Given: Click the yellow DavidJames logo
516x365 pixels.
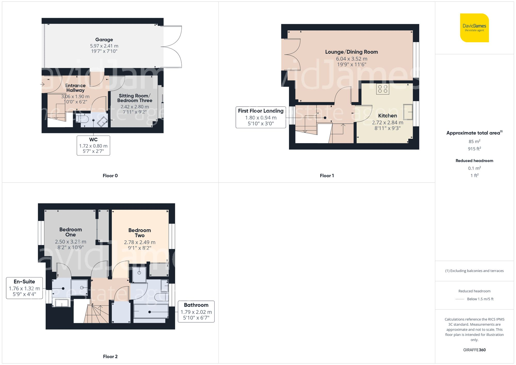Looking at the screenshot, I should pyautogui.click(x=474, y=28).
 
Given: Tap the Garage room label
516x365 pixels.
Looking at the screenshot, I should pyautogui.click(x=104, y=40).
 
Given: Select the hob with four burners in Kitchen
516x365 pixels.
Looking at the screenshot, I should pyautogui.click(x=382, y=89).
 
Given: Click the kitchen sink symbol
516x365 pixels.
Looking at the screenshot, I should pyautogui.click(x=408, y=112).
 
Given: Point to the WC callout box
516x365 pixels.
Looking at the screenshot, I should pyautogui.click(x=93, y=145).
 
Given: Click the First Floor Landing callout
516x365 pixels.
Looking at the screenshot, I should pyautogui.click(x=261, y=117).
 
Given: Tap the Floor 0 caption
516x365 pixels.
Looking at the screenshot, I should pyautogui.click(x=110, y=176).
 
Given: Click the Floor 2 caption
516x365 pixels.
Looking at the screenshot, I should pyautogui.click(x=110, y=356).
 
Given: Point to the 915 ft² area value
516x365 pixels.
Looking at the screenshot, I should pyautogui.click(x=474, y=149).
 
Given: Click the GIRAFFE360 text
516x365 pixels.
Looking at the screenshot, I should pyautogui.click(x=474, y=350).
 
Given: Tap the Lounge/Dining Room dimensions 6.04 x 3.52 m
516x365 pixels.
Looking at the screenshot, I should pyautogui.click(x=351, y=59).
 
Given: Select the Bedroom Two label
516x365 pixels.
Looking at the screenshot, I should pyautogui.click(x=140, y=233).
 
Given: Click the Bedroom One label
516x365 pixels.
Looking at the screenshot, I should pyautogui.click(x=70, y=232).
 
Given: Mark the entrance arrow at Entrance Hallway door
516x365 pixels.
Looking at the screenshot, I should pyautogui.click(x=42, y=84).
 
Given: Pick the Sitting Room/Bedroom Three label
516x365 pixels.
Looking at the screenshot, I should pyautogui.click(x=134, y=98).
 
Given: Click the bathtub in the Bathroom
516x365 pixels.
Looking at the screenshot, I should pyautogui.click(x=151, y=311).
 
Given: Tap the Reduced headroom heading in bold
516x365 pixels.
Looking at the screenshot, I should pyautogui.click(x=474, y=161).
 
